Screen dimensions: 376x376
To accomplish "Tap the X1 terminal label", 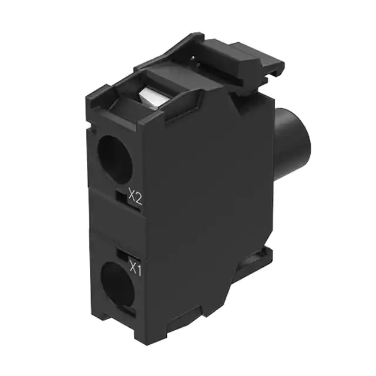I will (136, 269).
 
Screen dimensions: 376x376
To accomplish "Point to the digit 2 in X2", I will (139, 198).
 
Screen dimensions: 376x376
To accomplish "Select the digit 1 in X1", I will (140, 269).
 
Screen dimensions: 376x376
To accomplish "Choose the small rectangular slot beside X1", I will (123, 254).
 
